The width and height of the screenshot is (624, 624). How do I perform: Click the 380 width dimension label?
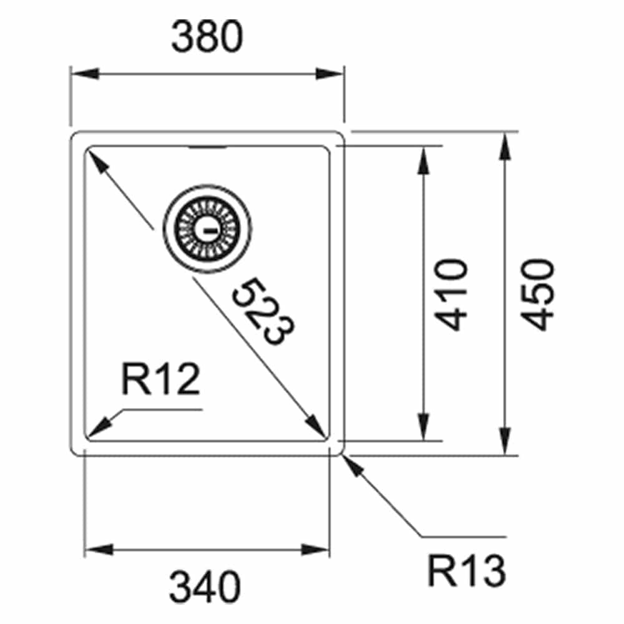coord(207,36)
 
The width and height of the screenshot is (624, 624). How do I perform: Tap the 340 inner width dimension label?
coord(205,587)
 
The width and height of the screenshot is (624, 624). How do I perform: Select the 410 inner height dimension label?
coord(451,295)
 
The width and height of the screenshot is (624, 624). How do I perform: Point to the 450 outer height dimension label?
coord(537,295)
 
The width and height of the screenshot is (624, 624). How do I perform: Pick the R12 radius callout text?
coord(161,379)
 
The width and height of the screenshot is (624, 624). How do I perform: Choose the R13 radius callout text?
coord(466,570)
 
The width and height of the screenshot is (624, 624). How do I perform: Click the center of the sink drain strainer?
coord(207,229)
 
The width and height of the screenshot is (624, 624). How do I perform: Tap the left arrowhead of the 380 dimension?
coord(84,74)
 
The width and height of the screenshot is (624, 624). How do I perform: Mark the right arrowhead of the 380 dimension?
coord(329,74)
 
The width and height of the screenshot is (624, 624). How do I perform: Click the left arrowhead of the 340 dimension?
coord(99,550)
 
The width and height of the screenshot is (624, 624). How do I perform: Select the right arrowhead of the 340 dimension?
coord(315,550)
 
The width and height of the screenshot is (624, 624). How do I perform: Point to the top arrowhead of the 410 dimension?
coord(424,160)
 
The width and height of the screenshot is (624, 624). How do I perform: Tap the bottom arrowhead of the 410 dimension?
coord(424,427)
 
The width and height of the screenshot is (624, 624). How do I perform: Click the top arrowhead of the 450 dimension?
coord(505,146)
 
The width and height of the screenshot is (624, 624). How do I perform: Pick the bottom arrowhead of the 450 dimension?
coord(505,441)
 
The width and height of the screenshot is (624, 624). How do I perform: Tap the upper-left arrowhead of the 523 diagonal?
coord(97,162)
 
